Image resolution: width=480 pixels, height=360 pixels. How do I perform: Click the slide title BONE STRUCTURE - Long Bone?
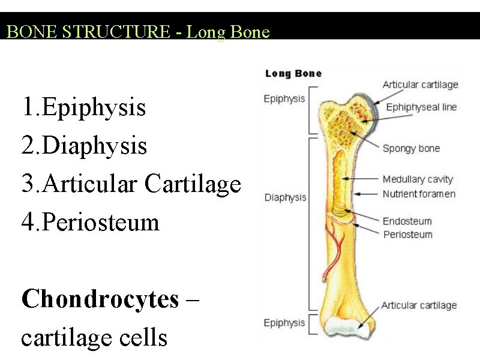(138, 32)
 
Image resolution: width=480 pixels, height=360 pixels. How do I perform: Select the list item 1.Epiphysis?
(83, 108)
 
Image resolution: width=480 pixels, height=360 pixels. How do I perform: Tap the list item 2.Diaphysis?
(84, 146)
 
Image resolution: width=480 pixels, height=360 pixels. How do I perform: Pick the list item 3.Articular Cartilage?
(131, 184)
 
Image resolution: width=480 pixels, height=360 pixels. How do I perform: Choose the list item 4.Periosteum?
(90, 223)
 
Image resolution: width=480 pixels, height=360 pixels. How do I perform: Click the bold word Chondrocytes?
(100, 299)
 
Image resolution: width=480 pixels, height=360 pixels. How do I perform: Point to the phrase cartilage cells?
(94, 337)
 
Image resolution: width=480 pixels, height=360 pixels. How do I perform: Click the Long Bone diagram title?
(293, 74)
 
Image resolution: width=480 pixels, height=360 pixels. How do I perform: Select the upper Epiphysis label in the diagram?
(284, 99)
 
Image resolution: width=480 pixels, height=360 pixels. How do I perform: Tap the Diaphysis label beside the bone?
(285, 197)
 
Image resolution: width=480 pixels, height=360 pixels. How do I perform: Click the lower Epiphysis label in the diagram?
(284, 323)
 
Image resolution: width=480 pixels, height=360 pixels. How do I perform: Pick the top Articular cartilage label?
(420, 85)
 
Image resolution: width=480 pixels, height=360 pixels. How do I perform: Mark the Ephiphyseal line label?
(421, 107)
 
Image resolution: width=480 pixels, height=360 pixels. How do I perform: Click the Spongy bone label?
(411, 148)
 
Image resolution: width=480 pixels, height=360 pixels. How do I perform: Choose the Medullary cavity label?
(418, 179)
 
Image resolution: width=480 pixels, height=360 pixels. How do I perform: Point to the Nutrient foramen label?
(419, 194)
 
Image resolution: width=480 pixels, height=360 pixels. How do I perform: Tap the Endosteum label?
(407, 221)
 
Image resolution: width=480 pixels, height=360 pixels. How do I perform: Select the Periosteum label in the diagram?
(407, 234)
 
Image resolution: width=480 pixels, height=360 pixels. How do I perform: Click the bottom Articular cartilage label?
(419, 305)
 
